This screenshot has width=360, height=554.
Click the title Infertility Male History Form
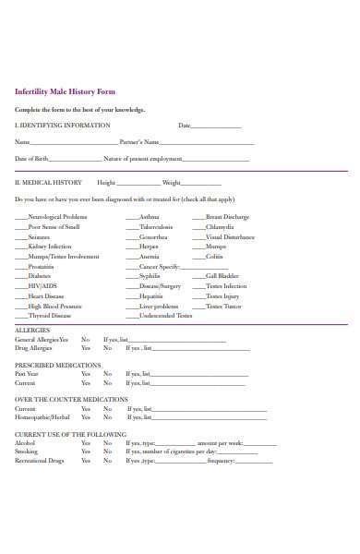[65, 91]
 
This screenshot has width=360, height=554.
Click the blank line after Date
[217, 126]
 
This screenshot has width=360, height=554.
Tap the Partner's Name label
[139, 142]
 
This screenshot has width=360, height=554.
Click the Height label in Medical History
[106, 183]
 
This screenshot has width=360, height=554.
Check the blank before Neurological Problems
[21, 217]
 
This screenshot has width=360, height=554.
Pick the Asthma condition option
[149, 216]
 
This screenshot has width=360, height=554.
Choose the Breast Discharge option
[227, 216]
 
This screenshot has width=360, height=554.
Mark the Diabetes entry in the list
[40, 276]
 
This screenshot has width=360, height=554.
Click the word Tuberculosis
[156, 226]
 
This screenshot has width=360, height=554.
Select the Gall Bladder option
[222, 276]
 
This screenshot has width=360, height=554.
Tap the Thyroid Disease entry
[49, 316]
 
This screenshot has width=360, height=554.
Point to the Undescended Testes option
[166, 316]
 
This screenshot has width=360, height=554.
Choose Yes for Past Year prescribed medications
[85, 374]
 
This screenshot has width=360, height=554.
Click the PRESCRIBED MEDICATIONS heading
[58, 365]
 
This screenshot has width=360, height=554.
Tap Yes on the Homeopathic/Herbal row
[85, 416]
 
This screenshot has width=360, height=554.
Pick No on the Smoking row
[107, 451]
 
